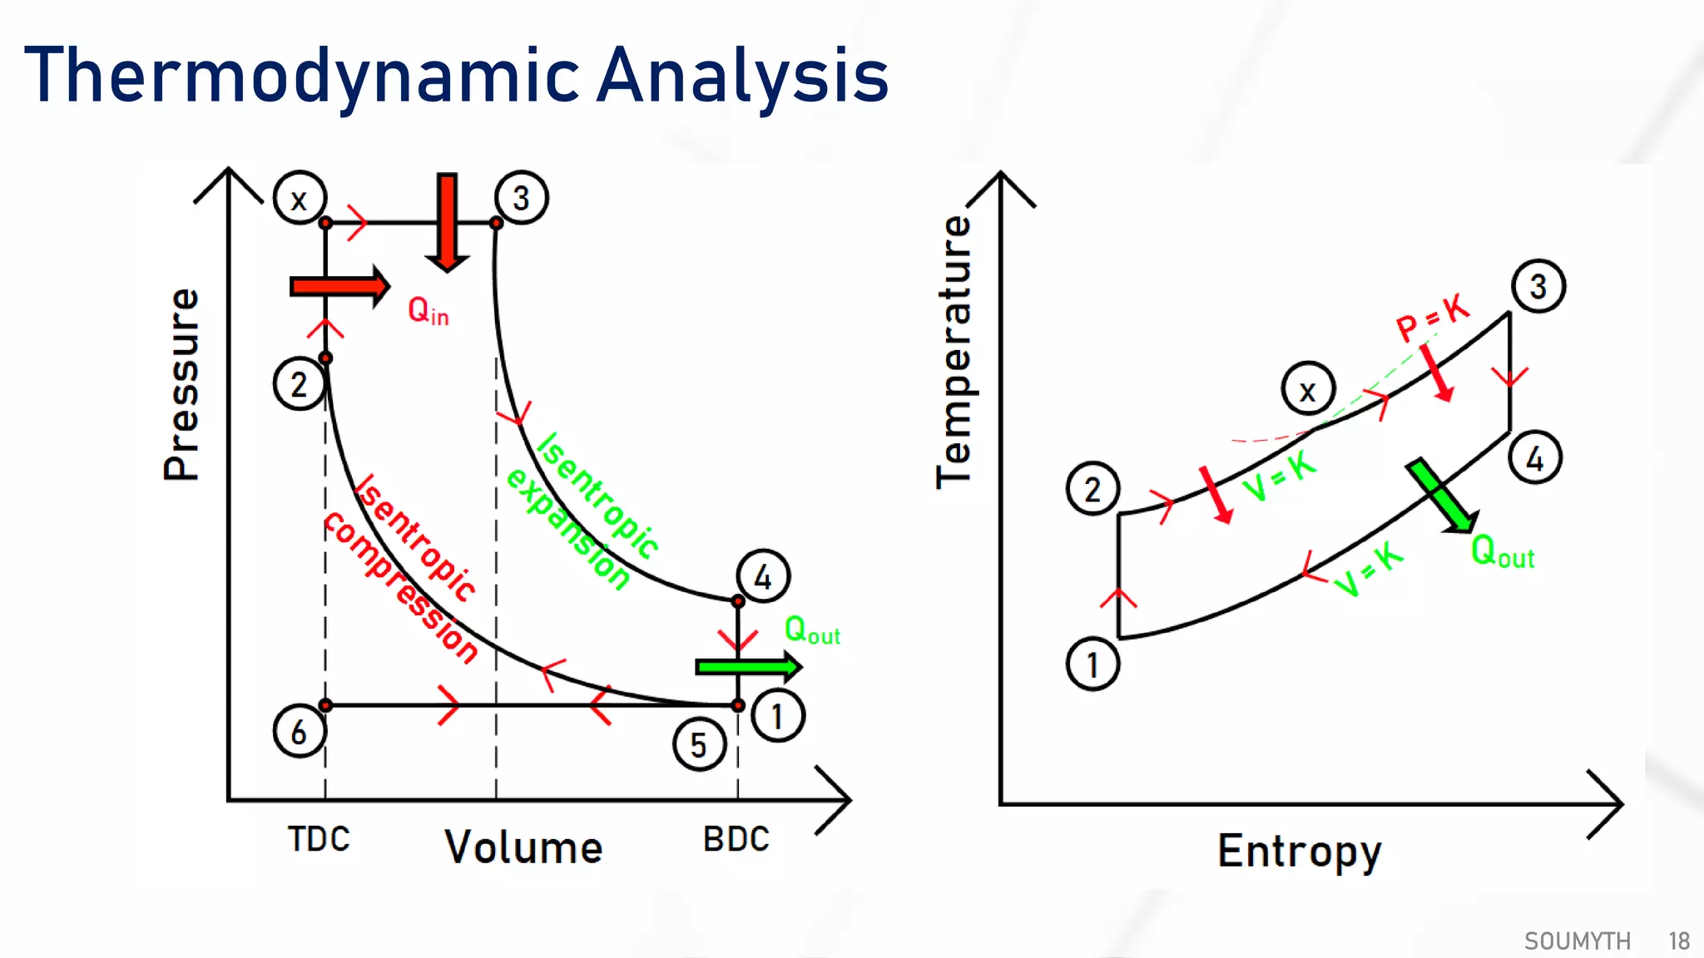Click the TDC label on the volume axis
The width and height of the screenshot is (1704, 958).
tap(319, 839)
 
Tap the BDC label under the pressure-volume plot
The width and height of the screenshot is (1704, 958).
tap(736, 839)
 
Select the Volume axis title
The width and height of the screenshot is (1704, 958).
tap(523, 847)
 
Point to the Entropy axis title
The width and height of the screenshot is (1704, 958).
tap(1299, 852)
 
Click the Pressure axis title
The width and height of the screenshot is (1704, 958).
tap(181, 384)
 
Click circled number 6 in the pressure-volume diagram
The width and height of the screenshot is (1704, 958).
tap(299, 731)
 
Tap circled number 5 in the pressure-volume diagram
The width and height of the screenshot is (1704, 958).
tap(699, 744)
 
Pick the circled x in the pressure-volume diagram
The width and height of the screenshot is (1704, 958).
tap(300, 198)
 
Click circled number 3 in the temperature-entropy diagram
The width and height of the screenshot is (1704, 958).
tap(1538, 286)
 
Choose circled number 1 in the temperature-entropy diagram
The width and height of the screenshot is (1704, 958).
tap(1092, 664)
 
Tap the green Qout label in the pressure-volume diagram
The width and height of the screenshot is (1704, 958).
tap(812, 630)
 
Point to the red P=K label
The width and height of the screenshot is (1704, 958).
tap(1432, 317)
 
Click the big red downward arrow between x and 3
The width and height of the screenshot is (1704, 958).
tap(448, 221)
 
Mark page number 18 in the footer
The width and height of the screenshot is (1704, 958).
tap(1679, 941)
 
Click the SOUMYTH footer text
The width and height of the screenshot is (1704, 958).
tap(1577, 941)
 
